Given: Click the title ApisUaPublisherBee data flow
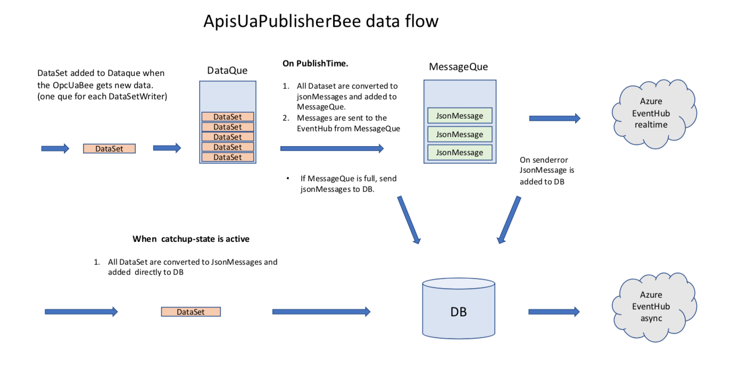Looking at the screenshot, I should [x=321, y=21].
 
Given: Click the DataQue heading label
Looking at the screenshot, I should [x=227, y=70].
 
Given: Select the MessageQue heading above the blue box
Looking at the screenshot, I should [x=458, y=67].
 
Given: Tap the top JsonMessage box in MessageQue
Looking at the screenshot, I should [x=460, y=116].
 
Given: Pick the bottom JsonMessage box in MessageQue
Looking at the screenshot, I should [x=460, y=153].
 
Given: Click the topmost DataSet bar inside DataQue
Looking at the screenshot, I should [x=228, y=116].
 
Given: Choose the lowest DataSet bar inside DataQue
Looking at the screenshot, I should [x=228, y=157].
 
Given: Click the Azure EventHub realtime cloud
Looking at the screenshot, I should [x=651, y=113].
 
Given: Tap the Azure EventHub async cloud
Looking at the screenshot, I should [x=651, y=306].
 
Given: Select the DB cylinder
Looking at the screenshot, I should [x=458, y=311].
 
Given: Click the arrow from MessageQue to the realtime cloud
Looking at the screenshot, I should [x=554, y=119].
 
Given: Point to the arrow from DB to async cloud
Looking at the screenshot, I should [x=554, y=312].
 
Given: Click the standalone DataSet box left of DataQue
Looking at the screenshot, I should [x=109, y=149].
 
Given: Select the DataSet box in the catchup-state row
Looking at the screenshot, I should [x=190, y=312].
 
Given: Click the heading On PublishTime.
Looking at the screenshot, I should [x=315, y=63].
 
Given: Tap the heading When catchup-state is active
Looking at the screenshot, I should [x=191, y=239].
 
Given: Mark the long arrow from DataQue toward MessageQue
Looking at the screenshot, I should [x=331, y=149].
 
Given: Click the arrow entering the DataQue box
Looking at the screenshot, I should [x=167, y=148].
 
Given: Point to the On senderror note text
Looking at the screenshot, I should [x=547, y=171].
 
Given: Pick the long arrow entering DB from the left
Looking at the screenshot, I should [x=321, y=312].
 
